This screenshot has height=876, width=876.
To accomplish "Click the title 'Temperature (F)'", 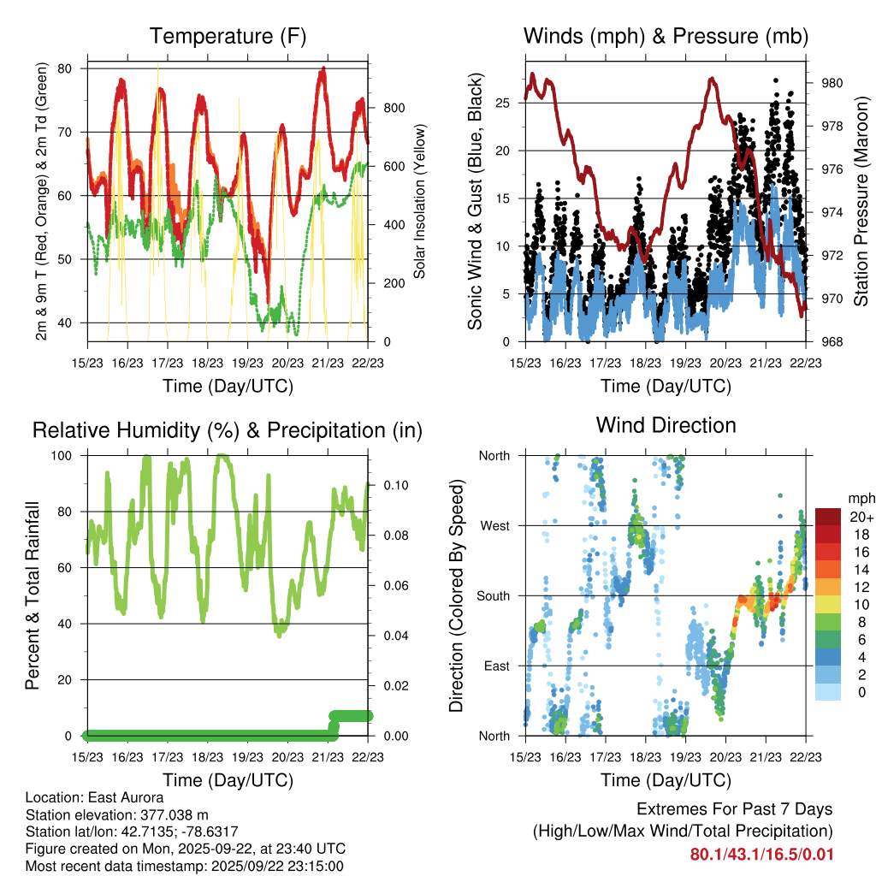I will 228,36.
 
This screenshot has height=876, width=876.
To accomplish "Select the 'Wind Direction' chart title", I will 666,425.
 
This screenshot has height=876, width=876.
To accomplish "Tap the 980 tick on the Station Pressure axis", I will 833,83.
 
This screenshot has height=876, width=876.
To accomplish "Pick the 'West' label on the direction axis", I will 494,525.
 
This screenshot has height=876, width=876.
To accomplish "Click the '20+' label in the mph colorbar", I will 861,517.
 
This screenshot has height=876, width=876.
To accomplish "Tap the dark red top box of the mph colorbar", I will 829,517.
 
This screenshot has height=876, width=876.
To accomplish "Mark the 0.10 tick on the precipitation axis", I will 394,485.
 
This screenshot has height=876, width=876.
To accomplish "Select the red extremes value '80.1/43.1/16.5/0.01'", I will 761,855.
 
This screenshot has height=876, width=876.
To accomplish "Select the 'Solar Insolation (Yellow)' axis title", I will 420,202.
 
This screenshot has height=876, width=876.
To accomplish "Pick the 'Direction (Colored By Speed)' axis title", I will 456,595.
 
